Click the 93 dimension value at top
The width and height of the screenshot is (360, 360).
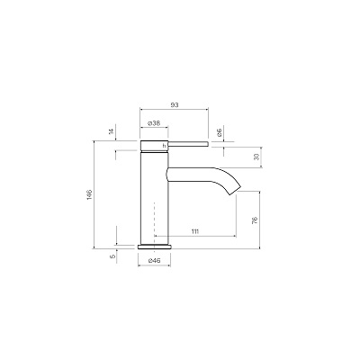click(175, 105)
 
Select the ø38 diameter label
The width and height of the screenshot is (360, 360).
click(154, 123)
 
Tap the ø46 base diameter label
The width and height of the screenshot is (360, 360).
click(154, 261)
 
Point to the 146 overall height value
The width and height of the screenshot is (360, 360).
click(90, 195)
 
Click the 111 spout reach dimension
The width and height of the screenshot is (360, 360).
click(194, 231)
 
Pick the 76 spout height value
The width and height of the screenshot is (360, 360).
click(255, 220)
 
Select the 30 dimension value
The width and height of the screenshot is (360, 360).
click(256, 157)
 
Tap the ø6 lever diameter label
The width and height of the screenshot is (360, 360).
click(219, 132)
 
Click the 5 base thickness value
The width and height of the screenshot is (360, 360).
click(112, 256)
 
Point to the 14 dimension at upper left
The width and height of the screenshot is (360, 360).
click(111, 131)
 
